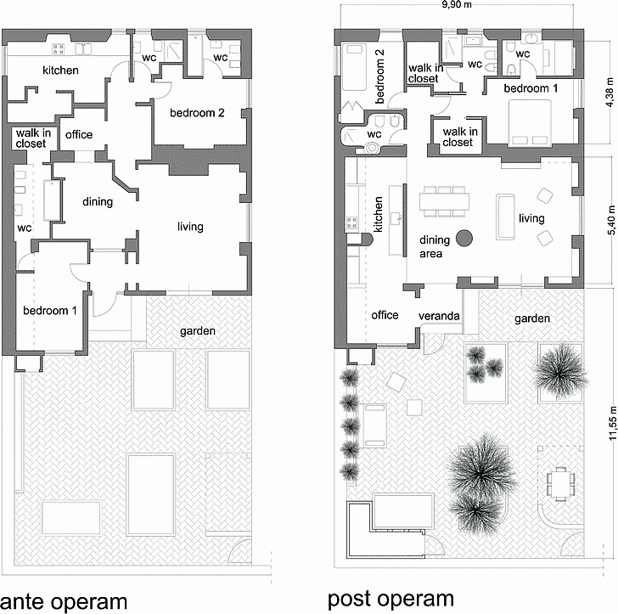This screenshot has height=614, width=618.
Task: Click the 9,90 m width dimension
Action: pos(457,4)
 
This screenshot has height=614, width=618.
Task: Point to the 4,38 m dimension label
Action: pos(610,93)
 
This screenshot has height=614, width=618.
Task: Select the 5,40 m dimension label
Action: pos(612,220)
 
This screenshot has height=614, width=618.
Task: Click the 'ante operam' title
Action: pos(64,602)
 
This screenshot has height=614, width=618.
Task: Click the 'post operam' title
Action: pos(390,599)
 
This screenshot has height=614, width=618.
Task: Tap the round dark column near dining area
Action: pos(464,238)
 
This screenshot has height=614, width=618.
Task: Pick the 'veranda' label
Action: pos(439,316)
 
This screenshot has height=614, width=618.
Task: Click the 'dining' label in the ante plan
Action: pos(98,202)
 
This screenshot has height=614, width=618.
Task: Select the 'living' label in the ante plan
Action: pos(190,227)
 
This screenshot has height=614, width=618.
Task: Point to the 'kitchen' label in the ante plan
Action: pos(61,70)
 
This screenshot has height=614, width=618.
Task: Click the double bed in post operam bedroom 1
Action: pos(530,123)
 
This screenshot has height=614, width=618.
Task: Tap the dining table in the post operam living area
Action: pos(444,201)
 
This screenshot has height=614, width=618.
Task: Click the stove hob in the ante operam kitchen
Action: pos(59,49)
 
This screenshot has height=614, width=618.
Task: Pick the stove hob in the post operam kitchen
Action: pos(352,223)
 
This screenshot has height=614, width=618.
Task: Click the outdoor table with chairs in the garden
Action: pos(560,483)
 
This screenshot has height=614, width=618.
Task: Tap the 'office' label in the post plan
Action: pos(385,315)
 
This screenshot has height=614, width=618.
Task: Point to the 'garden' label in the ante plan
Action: pos(198,331)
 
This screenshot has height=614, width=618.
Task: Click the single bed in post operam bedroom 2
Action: pos(353,67)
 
